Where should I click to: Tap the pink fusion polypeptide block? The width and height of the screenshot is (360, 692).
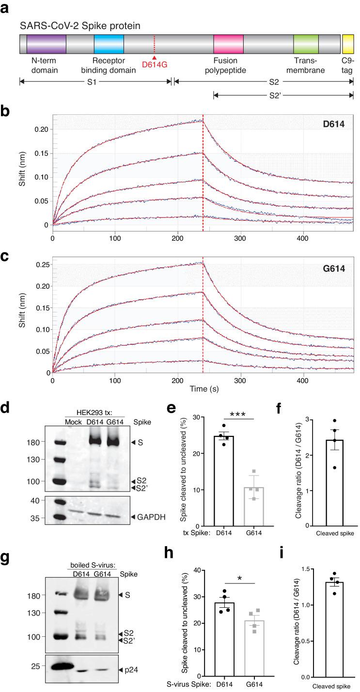(228, 44)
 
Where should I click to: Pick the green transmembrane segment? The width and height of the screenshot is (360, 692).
(306, 44)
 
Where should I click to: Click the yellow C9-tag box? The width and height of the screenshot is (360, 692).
(348, 44)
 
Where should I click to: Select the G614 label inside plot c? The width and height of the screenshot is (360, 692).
(335, 266)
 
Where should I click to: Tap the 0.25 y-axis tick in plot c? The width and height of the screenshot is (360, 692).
(44, 264)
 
